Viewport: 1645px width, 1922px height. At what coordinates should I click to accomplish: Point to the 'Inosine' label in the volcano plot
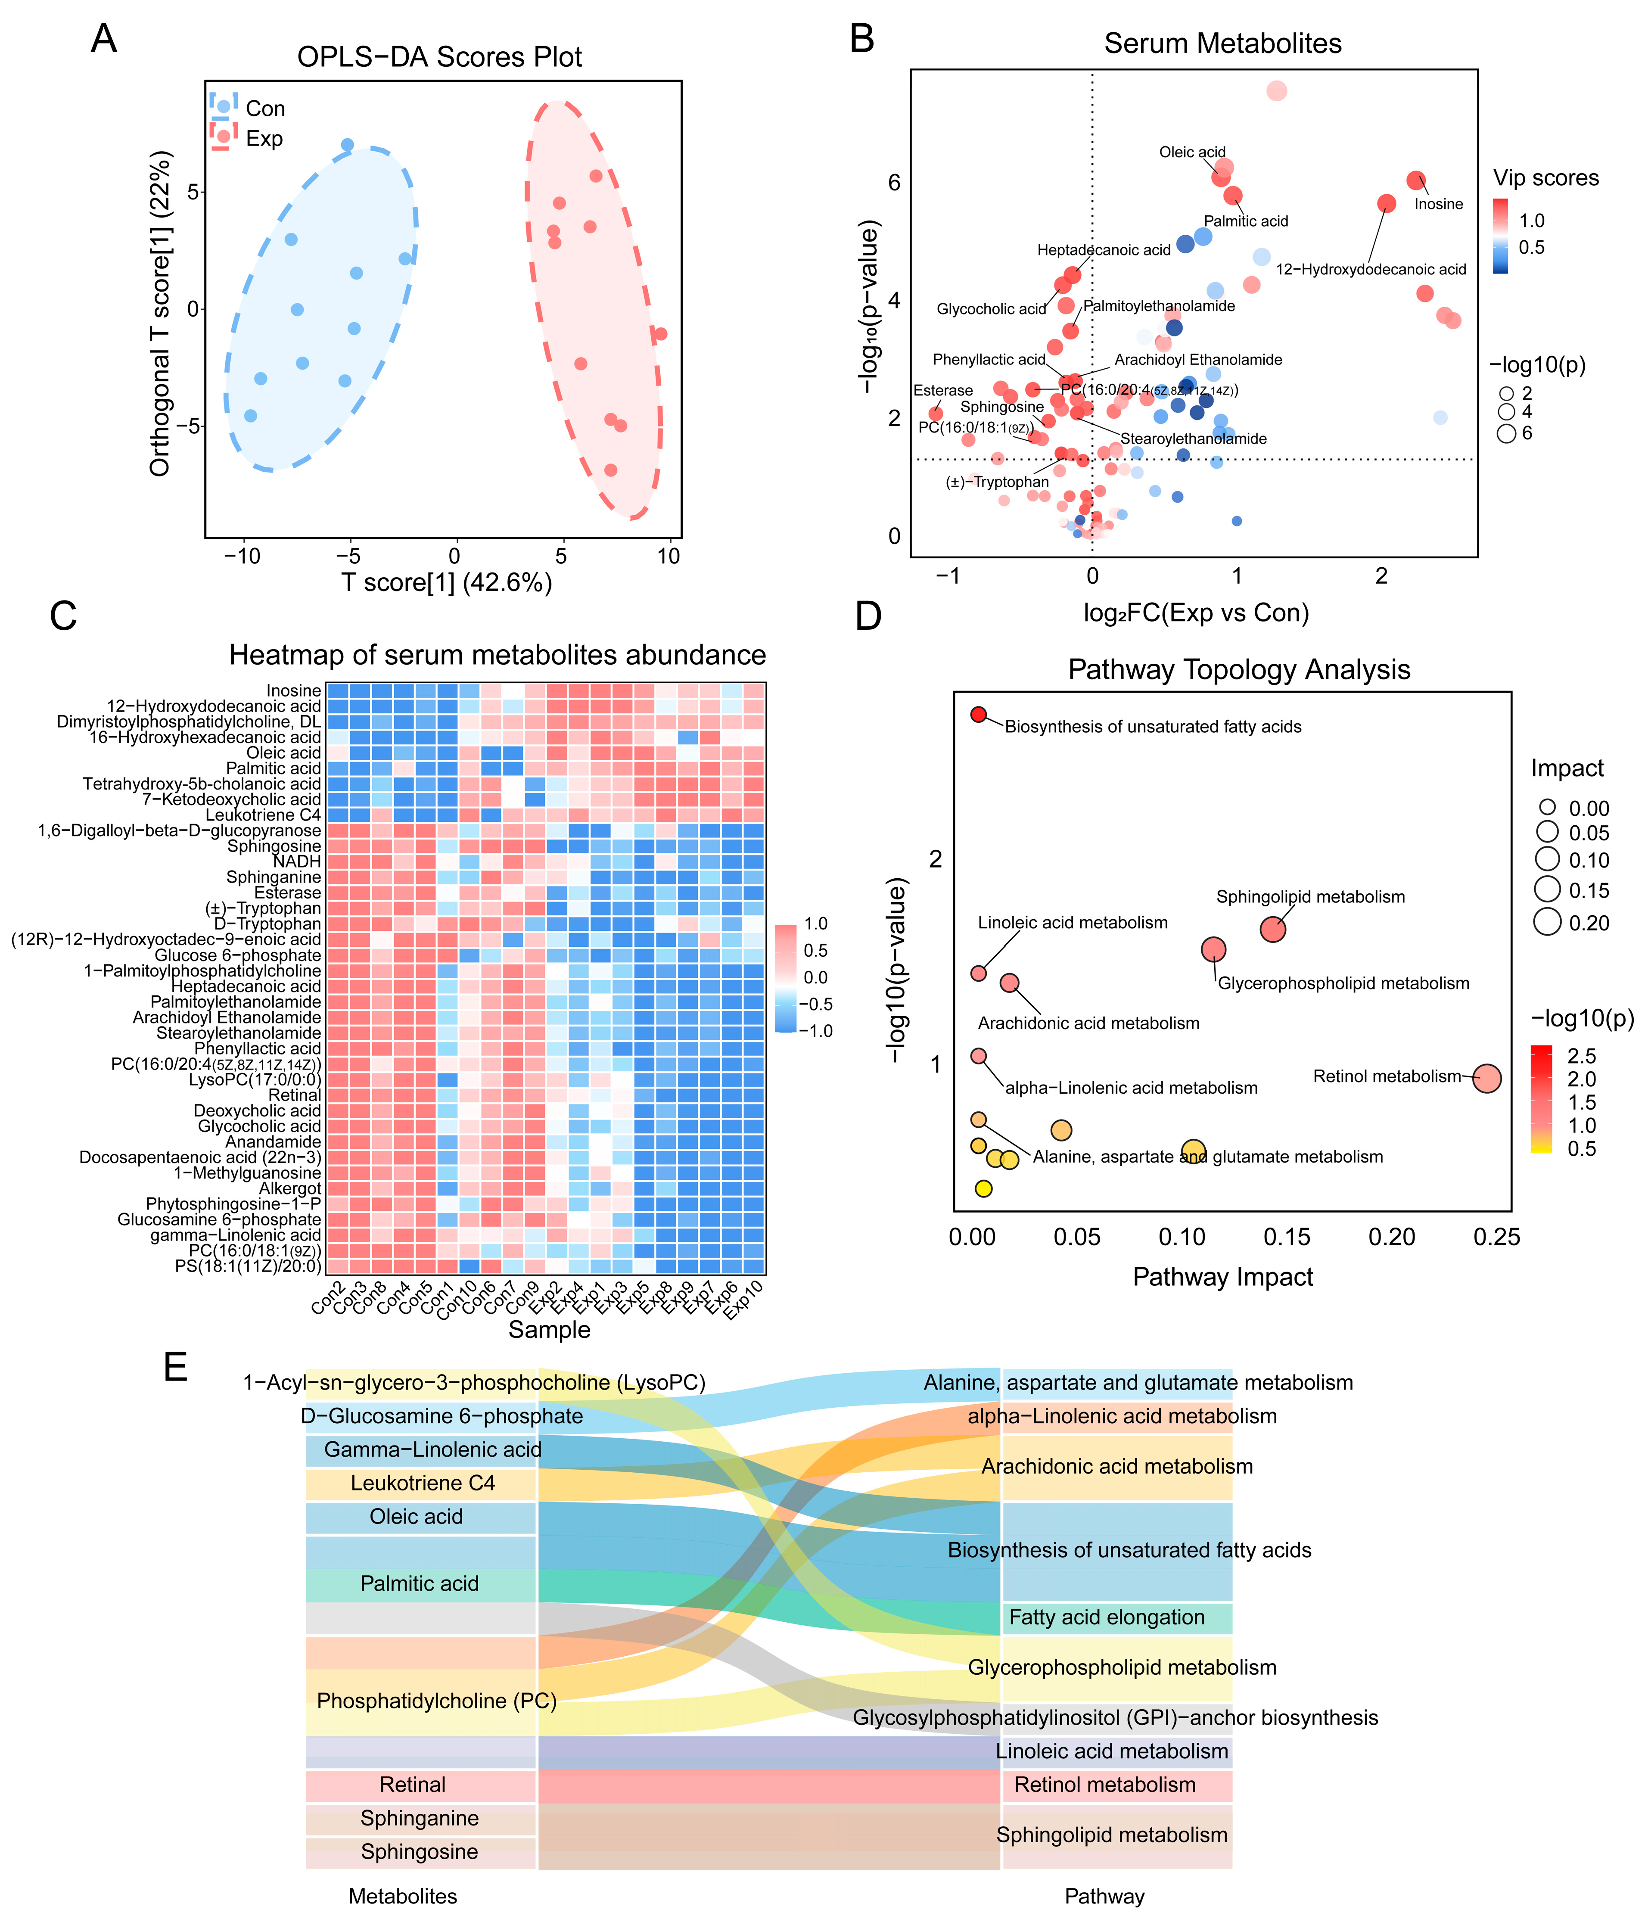point(1438,204)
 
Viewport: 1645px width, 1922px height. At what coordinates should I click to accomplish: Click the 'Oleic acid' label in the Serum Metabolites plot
point(1192,152)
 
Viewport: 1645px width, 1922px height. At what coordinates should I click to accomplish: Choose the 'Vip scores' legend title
point(1546,178)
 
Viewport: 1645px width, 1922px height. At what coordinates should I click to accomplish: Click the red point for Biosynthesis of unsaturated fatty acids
point(978,714)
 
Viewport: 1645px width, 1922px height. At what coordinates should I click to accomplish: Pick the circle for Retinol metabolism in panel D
point(1486,1078)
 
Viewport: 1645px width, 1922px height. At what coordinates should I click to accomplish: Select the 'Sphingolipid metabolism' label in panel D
point(1310,897)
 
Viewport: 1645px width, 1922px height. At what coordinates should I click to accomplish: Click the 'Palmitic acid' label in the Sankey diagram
point(420,1583)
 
